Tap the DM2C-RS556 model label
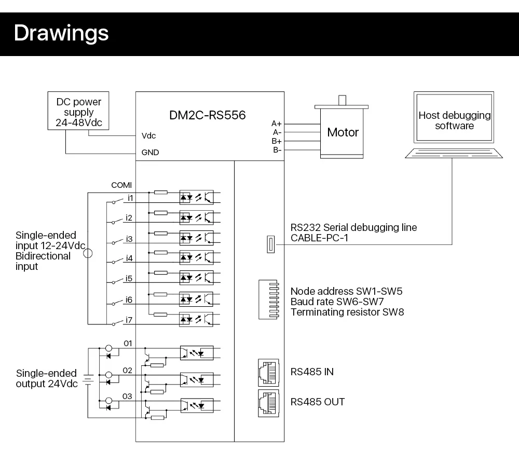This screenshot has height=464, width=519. click(x=208, y=115)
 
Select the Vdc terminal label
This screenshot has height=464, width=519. click(x=148, y=135)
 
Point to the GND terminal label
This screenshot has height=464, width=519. click(x=151, y=152)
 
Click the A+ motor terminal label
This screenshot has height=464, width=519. click(x=277, y=124)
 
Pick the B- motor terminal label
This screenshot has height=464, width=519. click(x=277, y=150)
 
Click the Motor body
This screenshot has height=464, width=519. click(x=342, y=132)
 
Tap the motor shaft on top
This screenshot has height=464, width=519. click(x=342, y=100)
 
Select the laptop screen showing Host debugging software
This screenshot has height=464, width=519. click(x=454, y=117)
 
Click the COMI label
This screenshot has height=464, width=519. click(x=121, y=185)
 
